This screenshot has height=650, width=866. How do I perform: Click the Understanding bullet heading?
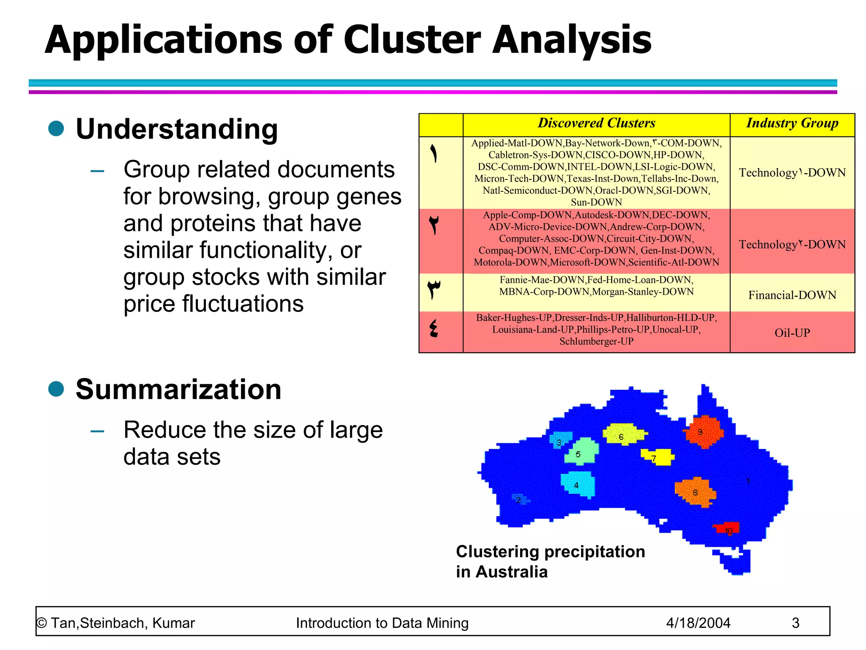click(x=177, y=129)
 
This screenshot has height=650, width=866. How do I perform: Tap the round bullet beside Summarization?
click(x=56, y=388)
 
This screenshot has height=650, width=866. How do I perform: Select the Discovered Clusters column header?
click(x=596, y=123)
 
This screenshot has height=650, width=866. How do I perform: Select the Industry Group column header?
click(x=792, y=123)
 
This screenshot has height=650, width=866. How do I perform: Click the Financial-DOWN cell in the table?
click(x=792, y=295)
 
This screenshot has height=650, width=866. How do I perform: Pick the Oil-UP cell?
click(x=792, y=333)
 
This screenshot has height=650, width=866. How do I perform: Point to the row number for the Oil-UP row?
click(x=434, y=329)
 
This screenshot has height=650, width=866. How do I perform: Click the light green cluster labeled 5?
click(x=581, y=452)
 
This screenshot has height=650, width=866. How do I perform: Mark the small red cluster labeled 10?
click(x=727, y=529)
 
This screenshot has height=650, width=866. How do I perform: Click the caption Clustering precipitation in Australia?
click(x=550, y=562)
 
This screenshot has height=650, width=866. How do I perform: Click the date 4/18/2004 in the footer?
click(x=698, y=623)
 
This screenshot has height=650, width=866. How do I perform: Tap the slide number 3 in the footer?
click(x=795, y=623)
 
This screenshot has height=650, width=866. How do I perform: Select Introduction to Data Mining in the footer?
click(x=382, y=623)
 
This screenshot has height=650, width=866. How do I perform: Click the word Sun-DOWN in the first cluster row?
click(x=596, y=202)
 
